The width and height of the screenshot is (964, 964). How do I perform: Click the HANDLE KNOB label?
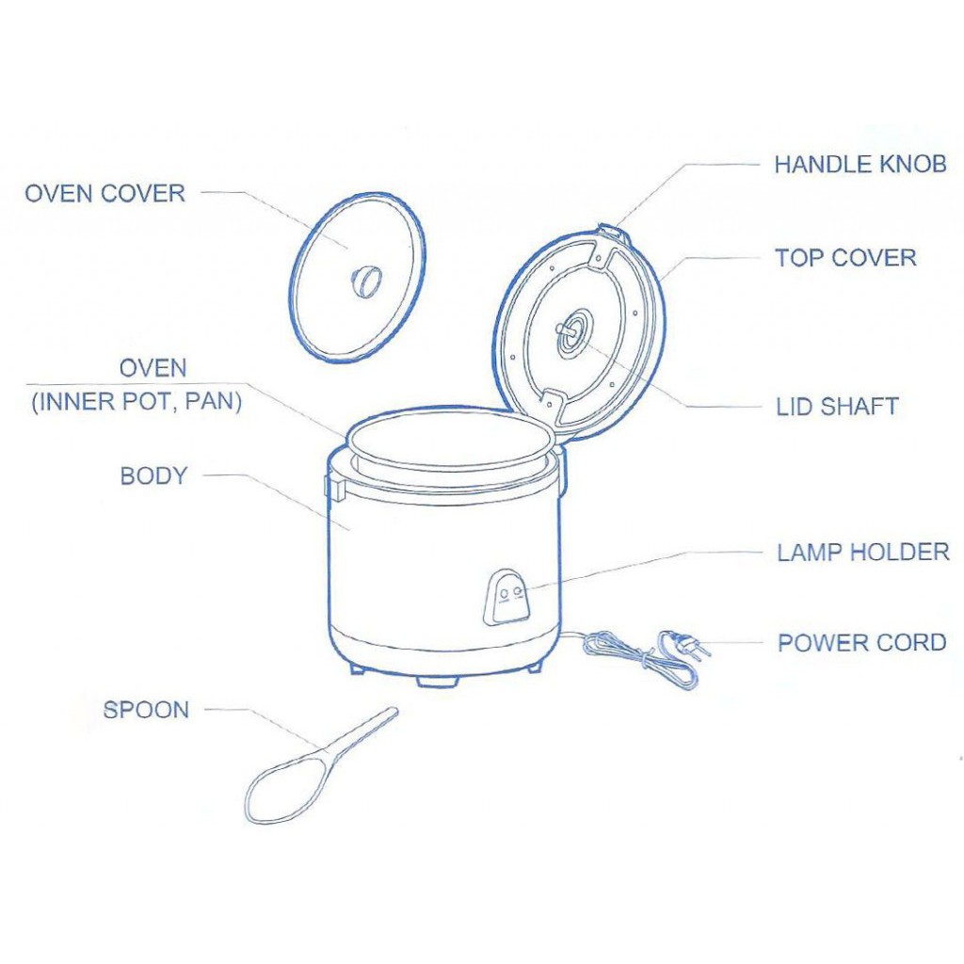pos(860,165)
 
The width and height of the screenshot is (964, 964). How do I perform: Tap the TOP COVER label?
pos(845,258)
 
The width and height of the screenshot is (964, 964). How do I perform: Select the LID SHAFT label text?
pos(837,407)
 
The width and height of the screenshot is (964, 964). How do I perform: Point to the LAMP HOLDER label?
pos(863,552)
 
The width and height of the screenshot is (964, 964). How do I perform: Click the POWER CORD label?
pos(862,643)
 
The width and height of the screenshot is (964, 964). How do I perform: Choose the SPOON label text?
pos(146,710)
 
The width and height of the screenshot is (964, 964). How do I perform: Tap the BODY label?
pos(153,475)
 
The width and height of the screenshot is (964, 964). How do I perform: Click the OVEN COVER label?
pos(105,194)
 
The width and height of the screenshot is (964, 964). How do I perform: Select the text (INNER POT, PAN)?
pos(137,402)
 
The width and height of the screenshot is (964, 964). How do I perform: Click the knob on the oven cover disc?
pos(366,281)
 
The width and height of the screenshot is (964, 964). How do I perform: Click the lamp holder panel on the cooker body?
pos(508,598)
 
